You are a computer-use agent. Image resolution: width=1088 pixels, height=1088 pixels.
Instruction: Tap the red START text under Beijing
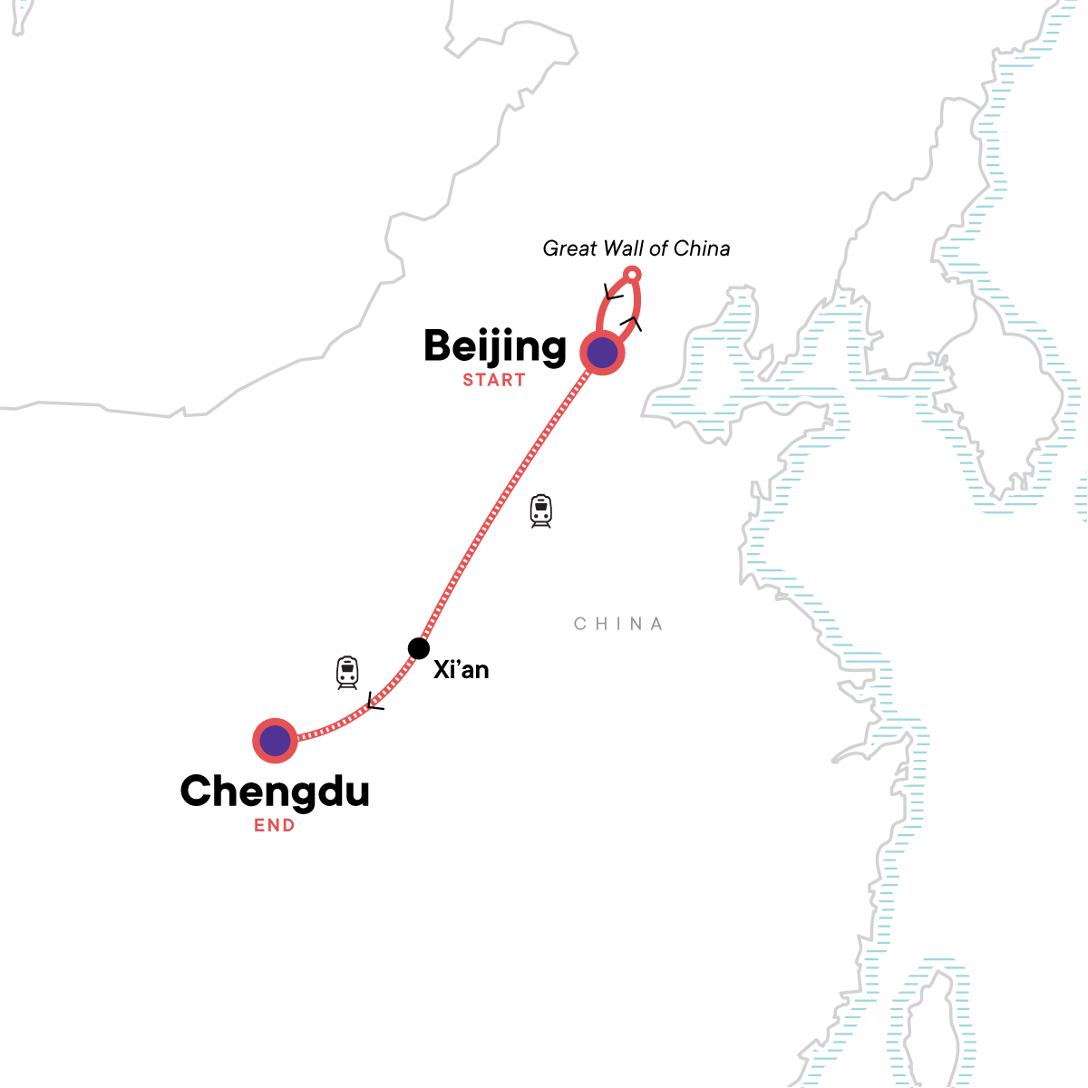[494, 380]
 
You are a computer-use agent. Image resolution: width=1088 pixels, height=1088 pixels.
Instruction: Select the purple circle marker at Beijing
[603, 353]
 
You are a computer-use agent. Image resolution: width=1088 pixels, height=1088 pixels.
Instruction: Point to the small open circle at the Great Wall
[634, 275]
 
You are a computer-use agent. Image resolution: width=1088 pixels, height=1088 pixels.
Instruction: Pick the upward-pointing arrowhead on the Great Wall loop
[632, 322]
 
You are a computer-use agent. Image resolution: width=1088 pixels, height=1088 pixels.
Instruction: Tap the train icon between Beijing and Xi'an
[541, 511]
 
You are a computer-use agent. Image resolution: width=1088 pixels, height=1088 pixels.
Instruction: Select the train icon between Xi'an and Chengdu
[347, 673]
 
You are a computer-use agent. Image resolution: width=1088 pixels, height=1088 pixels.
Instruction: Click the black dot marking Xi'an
[418, 648]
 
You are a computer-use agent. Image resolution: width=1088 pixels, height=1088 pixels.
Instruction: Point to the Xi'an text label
[461, 670]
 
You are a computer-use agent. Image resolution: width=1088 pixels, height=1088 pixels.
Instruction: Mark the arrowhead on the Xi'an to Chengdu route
[374, 702]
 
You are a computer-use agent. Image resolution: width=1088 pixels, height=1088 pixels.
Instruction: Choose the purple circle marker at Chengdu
[275, 742]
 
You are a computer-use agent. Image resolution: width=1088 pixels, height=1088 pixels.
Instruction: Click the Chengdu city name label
[275, 791]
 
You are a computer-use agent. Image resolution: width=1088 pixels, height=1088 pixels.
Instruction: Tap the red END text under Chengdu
[275, 825]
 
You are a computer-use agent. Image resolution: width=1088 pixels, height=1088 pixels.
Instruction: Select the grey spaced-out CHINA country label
[618, 624]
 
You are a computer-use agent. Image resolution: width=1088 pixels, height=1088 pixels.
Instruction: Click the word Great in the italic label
[568, 248]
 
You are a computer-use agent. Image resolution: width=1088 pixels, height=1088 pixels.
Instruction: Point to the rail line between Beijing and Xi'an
[508, 499]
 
